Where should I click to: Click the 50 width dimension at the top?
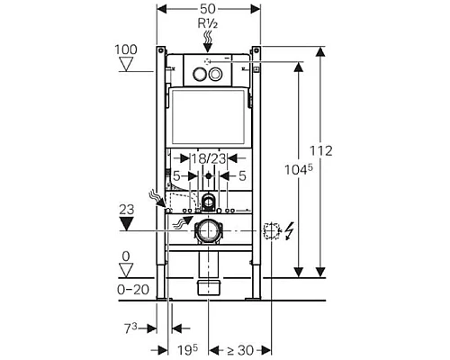click(x=209, y=6)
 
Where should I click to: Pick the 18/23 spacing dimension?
click(x=208, y=158)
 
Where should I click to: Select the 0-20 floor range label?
click(x=132, y=288)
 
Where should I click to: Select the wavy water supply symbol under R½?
click(x=209, y=37)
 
